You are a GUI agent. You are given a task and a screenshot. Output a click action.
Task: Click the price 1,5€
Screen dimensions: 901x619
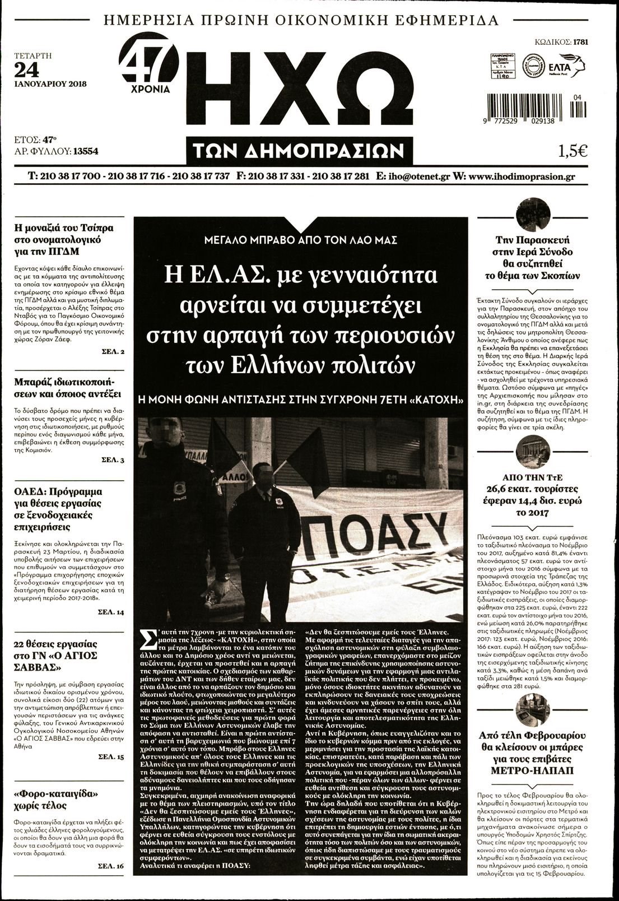[x=572, y=151]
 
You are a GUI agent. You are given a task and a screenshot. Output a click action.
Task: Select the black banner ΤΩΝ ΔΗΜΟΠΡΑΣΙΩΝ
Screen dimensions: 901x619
[x=300, y=151]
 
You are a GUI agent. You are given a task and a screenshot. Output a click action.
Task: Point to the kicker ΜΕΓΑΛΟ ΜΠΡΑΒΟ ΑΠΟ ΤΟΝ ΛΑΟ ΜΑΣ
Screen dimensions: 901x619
[x=300, y=240]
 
